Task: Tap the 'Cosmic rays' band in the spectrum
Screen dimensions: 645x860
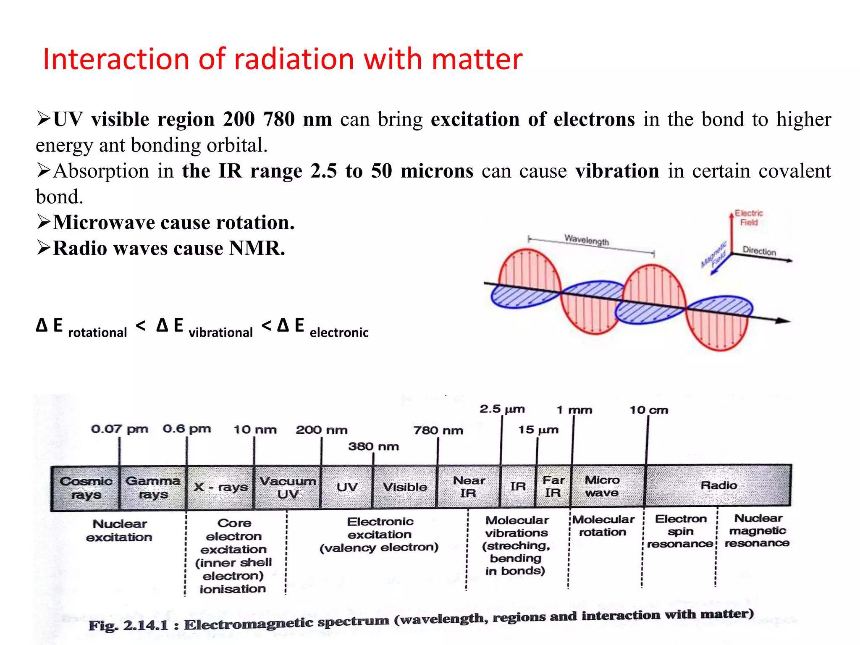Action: click(x=86, y=488)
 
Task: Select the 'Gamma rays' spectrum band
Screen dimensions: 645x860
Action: click(x=153, y=488)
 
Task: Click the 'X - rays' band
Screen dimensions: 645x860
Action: click(x=220, y=487)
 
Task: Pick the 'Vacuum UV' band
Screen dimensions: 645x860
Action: click(x=288, y=487)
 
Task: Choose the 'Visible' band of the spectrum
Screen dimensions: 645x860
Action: click(x=405, y=487)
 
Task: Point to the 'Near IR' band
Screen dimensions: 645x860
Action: click(x=469, y=487)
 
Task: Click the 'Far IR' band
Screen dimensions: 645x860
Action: click(x=553, y=486)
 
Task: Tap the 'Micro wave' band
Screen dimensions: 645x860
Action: click(x=602, y=486)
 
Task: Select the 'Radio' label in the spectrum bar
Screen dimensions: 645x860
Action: click(x=718, y=485)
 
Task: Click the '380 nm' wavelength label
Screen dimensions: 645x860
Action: click(x=373, y=446)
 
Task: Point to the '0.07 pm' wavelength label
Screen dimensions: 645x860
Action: click(x=119, y=429)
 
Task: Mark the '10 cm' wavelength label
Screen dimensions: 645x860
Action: click(x=648, y=410)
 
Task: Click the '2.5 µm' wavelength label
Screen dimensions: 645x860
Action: click(x=502, y=409)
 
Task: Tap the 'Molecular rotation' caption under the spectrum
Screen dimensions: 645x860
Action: click(x=603, y=526)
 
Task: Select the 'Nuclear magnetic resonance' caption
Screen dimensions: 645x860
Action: click(x=758, y=531)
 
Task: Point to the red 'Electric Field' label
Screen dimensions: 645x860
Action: click(x=749, y=218)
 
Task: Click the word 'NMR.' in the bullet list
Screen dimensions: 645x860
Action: click(x=257, y=248)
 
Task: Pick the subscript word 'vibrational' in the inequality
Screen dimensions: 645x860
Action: click(x=220, y=333)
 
